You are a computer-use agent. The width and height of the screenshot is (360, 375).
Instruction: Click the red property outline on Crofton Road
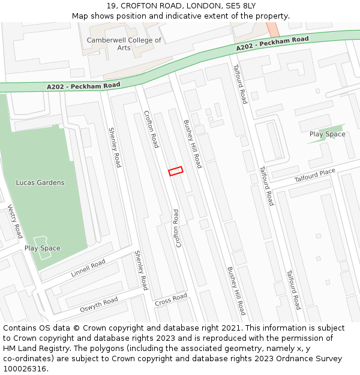pos(175,171)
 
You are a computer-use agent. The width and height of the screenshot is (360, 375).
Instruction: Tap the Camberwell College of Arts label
pos(124,44)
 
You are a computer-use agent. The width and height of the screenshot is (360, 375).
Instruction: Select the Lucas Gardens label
pos(40,182)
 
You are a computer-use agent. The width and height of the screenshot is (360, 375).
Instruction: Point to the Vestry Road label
pos(15,221)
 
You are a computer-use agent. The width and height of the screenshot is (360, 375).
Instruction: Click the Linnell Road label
pos(88,268)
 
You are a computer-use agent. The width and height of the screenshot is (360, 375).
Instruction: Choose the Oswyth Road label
pos(99,305)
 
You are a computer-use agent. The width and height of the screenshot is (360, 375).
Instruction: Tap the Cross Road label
pos(171,299)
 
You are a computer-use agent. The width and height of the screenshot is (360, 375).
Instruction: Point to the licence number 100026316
pos(25,369)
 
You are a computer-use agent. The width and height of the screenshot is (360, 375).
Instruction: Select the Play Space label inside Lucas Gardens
pos(42,248)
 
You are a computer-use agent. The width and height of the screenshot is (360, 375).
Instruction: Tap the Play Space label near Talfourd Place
pos(327,134)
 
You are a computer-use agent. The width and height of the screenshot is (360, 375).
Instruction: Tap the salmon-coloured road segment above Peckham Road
pos(272,29)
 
